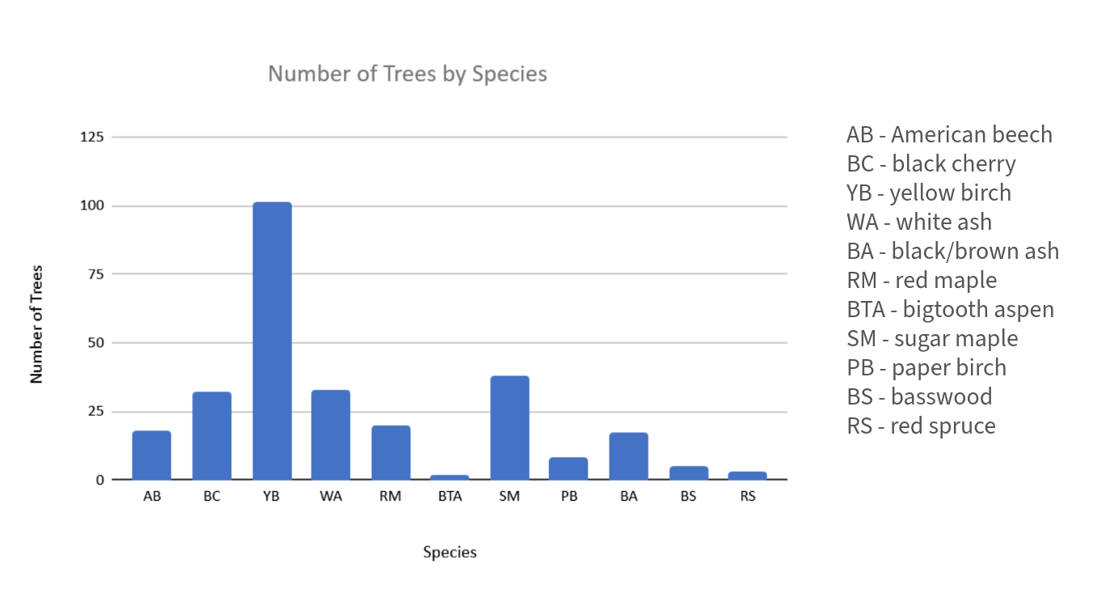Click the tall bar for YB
[272, 341]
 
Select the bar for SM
[509, 428]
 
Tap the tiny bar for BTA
[450, 477]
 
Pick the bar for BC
[212, 436]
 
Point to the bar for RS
[748, 476]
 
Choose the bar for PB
[569, 468]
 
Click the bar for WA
[331, 435]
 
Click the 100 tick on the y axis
[93, 206]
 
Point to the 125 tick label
[93, 138]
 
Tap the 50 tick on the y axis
[96, 343]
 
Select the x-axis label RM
[390, 497]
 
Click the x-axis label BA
[629, 497]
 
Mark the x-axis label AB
[152, 497]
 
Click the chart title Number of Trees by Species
[407, 74]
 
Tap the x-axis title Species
[449, 553]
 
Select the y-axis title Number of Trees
[36, 324]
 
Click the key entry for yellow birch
[929, 193]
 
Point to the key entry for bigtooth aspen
[950, 309]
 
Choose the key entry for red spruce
[921, 426]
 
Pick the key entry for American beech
[949, 134]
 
